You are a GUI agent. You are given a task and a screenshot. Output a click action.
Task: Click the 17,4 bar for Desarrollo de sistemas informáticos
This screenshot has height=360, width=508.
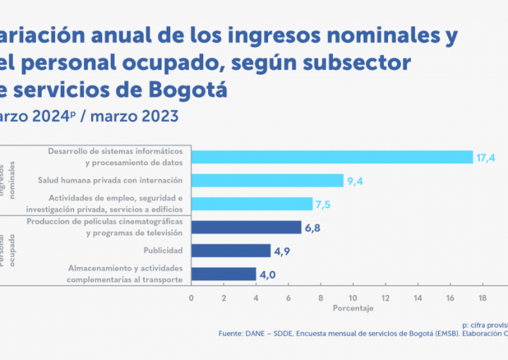pos(332,157)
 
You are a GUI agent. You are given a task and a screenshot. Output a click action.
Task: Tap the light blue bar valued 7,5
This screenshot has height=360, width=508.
pos(251,203)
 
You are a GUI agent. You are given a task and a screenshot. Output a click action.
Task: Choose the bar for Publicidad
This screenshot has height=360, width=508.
pos(231,251)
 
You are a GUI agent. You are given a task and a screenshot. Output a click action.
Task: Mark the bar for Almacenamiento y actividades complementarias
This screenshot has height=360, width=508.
pos(224,274)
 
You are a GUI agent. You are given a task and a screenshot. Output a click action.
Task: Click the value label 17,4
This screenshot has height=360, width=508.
pos(485,157)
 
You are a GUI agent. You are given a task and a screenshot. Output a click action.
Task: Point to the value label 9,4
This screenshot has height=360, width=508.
pos(354,181)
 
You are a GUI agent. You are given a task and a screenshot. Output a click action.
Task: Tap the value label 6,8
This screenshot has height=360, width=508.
pos(312,227)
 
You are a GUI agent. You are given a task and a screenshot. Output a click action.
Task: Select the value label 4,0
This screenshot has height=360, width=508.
pos(267,274)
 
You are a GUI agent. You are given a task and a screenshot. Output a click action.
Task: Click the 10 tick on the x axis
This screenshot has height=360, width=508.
pos(353,298)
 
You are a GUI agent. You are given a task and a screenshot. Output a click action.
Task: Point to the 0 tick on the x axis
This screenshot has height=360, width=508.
pos(191,298)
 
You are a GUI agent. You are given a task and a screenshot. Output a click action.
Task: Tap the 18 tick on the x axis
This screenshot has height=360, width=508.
pos(483,298)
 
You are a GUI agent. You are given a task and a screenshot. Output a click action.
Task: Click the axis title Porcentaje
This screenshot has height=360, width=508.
pos(353,308)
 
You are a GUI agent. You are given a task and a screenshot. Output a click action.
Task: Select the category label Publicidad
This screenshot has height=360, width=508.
pos(163,251)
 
